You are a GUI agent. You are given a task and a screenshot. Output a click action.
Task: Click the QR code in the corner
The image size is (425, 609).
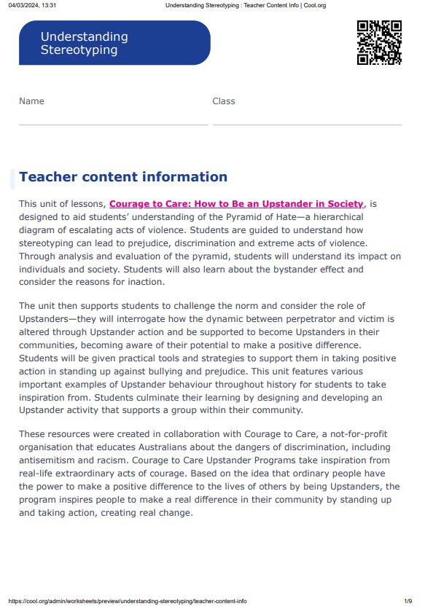tap(379, 43)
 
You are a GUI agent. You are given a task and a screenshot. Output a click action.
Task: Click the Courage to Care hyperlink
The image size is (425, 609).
tap(235, 204)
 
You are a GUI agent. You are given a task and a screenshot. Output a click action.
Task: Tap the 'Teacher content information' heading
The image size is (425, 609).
tap(123, 177)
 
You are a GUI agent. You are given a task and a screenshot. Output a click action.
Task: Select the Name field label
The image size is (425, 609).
tap(31, 101)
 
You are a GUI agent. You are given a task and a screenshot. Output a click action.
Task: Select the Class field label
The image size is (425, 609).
tap(224, 101)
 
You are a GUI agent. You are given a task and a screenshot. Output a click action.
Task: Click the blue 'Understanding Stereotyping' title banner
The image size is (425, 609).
tap(114, 43)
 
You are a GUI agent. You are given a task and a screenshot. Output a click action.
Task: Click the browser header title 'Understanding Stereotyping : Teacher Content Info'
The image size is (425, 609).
tap(245, 5)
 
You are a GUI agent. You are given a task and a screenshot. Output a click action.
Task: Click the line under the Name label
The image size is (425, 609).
tap(113, 125)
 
